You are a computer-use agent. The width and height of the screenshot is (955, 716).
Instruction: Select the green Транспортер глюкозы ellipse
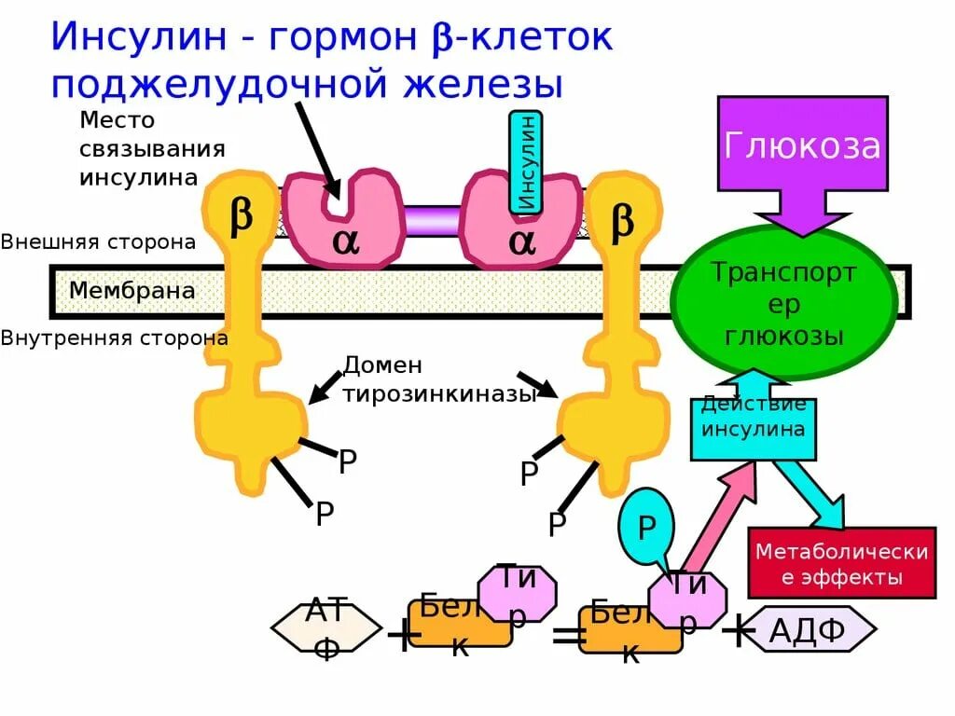coord(783,302)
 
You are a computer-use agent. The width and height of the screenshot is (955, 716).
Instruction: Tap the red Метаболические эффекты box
coord(841,564)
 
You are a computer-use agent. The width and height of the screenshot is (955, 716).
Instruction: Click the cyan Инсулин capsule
coord(526,163)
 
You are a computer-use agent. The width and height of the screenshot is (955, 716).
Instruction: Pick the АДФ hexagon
coord(808,632)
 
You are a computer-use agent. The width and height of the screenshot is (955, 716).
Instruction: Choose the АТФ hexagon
coord(326,629)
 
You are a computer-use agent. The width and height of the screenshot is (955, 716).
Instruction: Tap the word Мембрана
coord(131,291)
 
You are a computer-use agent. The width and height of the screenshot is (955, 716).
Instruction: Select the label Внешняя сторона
coord(98,242)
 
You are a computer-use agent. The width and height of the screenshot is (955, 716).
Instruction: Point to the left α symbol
coord(345,241)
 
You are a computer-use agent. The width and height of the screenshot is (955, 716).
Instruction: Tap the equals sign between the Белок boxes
coord(568,636)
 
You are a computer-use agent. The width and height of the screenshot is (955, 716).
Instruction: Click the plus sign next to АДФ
coord(738,630)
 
